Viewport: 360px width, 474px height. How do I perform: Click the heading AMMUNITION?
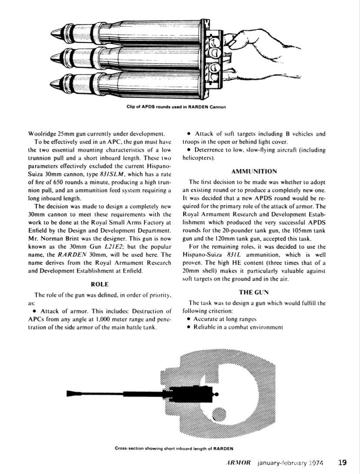click(x=255, y=171)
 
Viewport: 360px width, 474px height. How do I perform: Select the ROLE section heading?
click(x=99, y=284)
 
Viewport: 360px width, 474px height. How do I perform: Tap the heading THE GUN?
click(x=255, y=292)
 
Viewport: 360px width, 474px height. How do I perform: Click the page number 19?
click(x=342, y=463)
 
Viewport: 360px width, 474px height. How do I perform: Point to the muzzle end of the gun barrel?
click(x=69, y=393)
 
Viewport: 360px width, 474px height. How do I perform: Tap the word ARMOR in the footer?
click(x=238, y=463)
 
